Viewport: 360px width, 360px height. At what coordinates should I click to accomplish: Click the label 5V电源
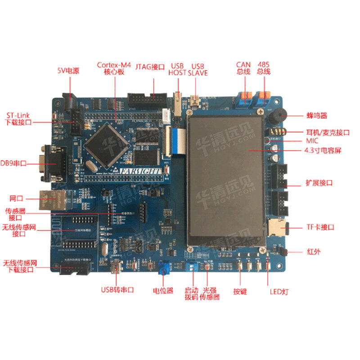point(68,71)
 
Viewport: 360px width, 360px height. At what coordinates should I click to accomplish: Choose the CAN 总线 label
point(243,68)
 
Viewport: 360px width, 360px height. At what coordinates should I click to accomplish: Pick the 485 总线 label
point(264,68)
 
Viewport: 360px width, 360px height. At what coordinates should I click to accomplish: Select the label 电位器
point(163,291)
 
